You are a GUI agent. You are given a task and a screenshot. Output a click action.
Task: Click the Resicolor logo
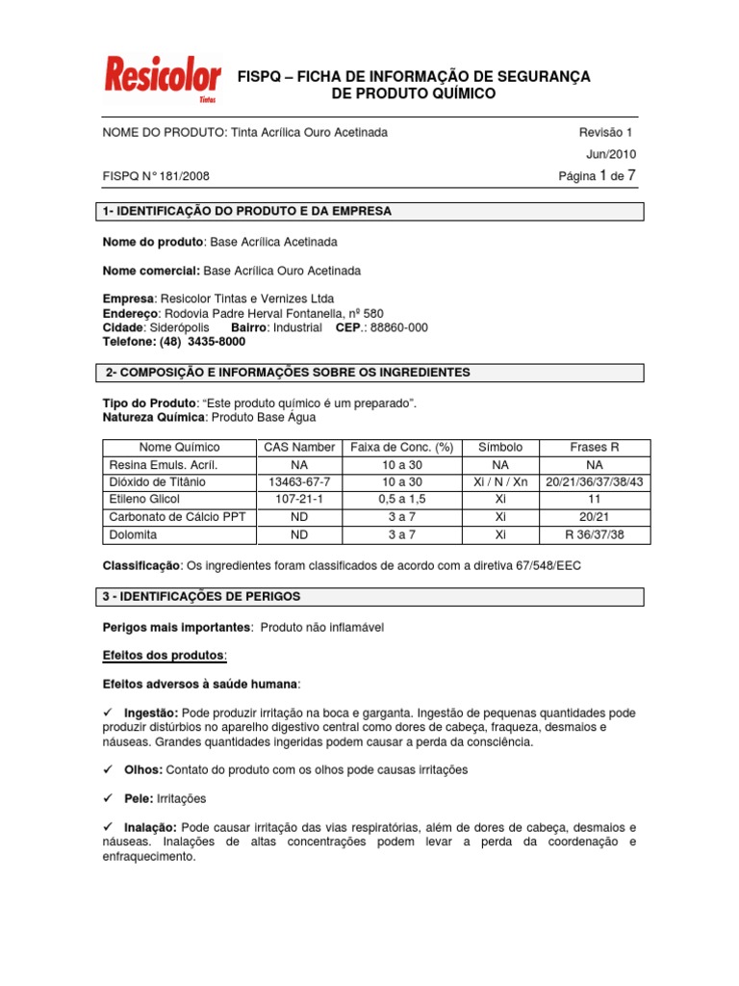(x=161, y=80)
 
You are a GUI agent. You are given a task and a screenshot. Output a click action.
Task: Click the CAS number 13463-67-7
(x=299, y=481)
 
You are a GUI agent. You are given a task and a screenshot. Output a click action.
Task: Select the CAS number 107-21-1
(x=299, y=499)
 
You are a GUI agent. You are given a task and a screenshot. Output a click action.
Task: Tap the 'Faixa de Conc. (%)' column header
(x=401, y=447)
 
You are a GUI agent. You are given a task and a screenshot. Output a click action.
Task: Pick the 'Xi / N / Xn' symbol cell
(x=499, y=481)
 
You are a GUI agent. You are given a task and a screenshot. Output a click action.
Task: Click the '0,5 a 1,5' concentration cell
(x=401, y=499)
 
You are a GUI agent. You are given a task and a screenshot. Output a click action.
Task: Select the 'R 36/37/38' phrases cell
(x=594, y=533)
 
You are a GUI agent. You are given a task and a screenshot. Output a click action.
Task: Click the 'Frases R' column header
(x=594, y=447)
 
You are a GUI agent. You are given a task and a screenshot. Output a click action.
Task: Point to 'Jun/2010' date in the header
(x=611, y=154)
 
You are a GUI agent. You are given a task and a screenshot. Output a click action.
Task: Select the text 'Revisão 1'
(x=605, y=132)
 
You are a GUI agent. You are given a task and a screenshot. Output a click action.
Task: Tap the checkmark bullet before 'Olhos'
(x=108, y=770)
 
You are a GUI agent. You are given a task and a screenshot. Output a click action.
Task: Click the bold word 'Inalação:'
(x=151, y=827)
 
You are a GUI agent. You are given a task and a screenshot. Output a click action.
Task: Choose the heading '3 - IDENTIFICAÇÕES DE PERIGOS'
(x=200, y=597)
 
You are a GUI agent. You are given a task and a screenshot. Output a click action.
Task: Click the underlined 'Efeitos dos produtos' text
(x=163, y=655)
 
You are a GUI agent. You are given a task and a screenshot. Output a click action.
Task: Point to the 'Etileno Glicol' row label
(x=145, y=499)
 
